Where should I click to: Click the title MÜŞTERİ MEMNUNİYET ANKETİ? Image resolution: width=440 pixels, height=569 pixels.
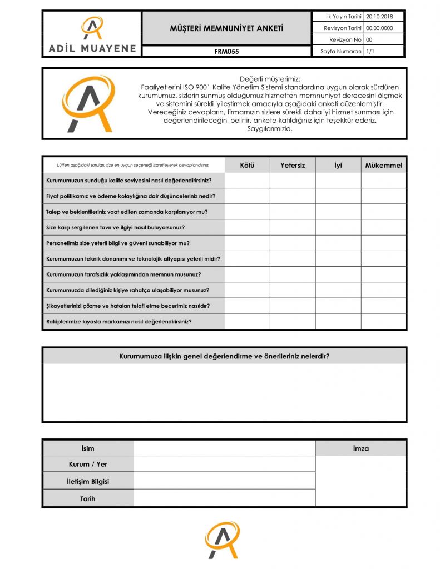226,28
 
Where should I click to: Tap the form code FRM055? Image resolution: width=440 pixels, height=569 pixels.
226,51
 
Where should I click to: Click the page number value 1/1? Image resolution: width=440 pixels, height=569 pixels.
370,51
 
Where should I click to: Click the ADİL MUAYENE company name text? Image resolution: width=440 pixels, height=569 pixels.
91,48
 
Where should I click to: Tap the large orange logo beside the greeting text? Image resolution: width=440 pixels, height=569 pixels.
88,103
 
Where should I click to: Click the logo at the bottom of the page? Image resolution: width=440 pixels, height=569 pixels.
222,540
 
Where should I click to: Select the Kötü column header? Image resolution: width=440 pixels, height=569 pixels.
247,165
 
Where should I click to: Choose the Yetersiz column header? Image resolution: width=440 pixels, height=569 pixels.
293,165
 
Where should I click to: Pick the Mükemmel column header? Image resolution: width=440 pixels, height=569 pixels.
383,165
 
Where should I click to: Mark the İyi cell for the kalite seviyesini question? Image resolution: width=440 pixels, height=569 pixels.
338,181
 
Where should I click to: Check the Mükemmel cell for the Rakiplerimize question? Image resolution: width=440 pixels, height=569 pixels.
383,321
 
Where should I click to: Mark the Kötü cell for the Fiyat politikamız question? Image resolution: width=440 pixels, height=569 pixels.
247,196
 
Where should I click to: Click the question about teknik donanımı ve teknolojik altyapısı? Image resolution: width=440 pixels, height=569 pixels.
133,259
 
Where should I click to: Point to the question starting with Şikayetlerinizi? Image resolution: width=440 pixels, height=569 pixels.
128,306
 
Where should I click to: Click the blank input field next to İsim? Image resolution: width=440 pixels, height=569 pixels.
224,448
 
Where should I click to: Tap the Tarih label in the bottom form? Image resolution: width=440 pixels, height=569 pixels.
88,498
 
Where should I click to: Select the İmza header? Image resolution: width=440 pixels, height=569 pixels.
360,448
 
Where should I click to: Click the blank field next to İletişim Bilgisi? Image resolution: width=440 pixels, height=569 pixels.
224,481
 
